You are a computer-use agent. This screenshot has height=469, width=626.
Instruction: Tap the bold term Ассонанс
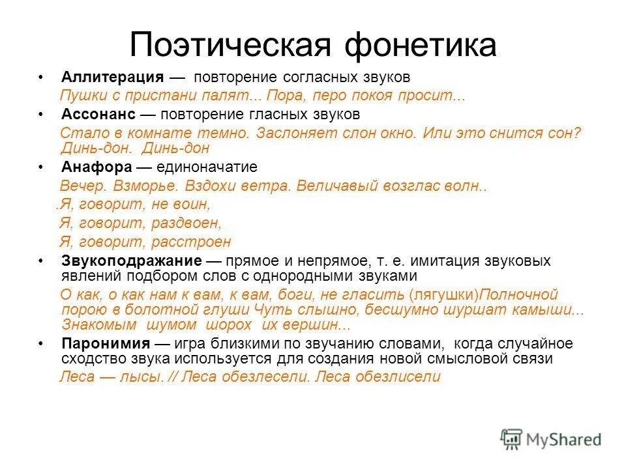pos(98,114)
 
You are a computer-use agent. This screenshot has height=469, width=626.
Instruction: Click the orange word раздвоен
pos(186,223)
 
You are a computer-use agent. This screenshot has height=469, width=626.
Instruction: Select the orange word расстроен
pos(191,242)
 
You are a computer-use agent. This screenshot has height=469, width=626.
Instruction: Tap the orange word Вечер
pos(82,186)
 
